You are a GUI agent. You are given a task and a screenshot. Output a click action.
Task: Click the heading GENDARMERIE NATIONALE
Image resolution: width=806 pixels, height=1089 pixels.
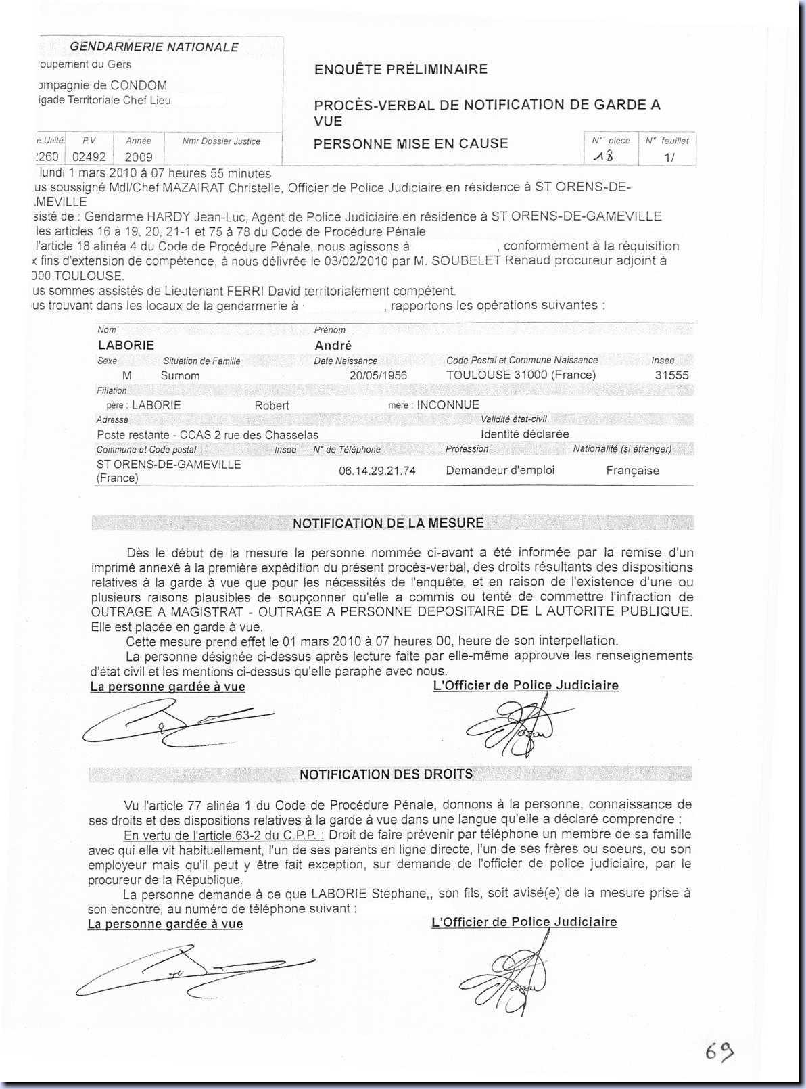pos(154,47)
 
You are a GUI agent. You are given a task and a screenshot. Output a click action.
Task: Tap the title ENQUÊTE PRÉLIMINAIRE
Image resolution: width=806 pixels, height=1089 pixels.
pos(400,69)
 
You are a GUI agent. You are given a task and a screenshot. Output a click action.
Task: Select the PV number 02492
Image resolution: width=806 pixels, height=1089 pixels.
pos(89,157)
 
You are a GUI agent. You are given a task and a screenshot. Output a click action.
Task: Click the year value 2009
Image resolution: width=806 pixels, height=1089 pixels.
pos(139,157)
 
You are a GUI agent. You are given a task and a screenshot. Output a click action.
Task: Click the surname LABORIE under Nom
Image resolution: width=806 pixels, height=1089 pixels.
pos(126,345)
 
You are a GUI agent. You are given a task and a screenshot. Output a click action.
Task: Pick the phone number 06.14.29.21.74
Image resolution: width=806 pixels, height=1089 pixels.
pos(377,471)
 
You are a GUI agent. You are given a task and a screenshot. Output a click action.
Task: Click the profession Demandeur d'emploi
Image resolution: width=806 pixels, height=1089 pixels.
pos(500,470)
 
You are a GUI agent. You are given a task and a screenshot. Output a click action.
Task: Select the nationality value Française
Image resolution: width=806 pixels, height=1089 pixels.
pos(632,471)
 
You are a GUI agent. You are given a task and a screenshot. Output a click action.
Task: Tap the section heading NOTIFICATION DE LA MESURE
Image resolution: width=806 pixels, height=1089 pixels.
pos(388,523)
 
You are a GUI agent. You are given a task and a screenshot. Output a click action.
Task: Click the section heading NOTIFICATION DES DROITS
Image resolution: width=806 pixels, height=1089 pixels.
pos(386,774)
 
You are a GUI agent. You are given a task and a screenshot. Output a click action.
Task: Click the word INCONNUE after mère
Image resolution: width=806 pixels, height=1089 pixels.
pos(448,405)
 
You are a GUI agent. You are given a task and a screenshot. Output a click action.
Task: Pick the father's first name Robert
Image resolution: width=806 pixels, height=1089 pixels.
pos(272,406)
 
